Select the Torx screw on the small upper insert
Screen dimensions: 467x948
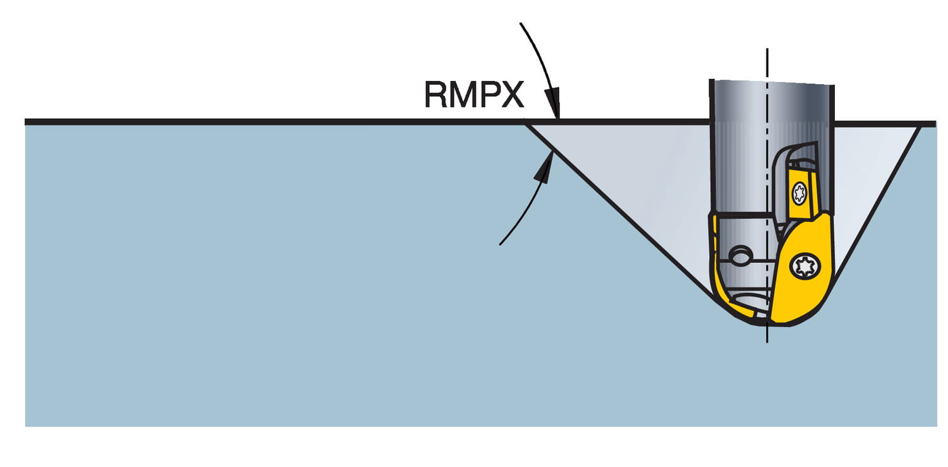(x=799, y=192)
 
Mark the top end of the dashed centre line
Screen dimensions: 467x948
(x=767, y=49)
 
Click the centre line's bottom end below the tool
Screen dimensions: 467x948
(x=767, y=342)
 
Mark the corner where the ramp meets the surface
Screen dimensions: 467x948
(x=526, y=123)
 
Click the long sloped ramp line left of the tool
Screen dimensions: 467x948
(x=619, y=209)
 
